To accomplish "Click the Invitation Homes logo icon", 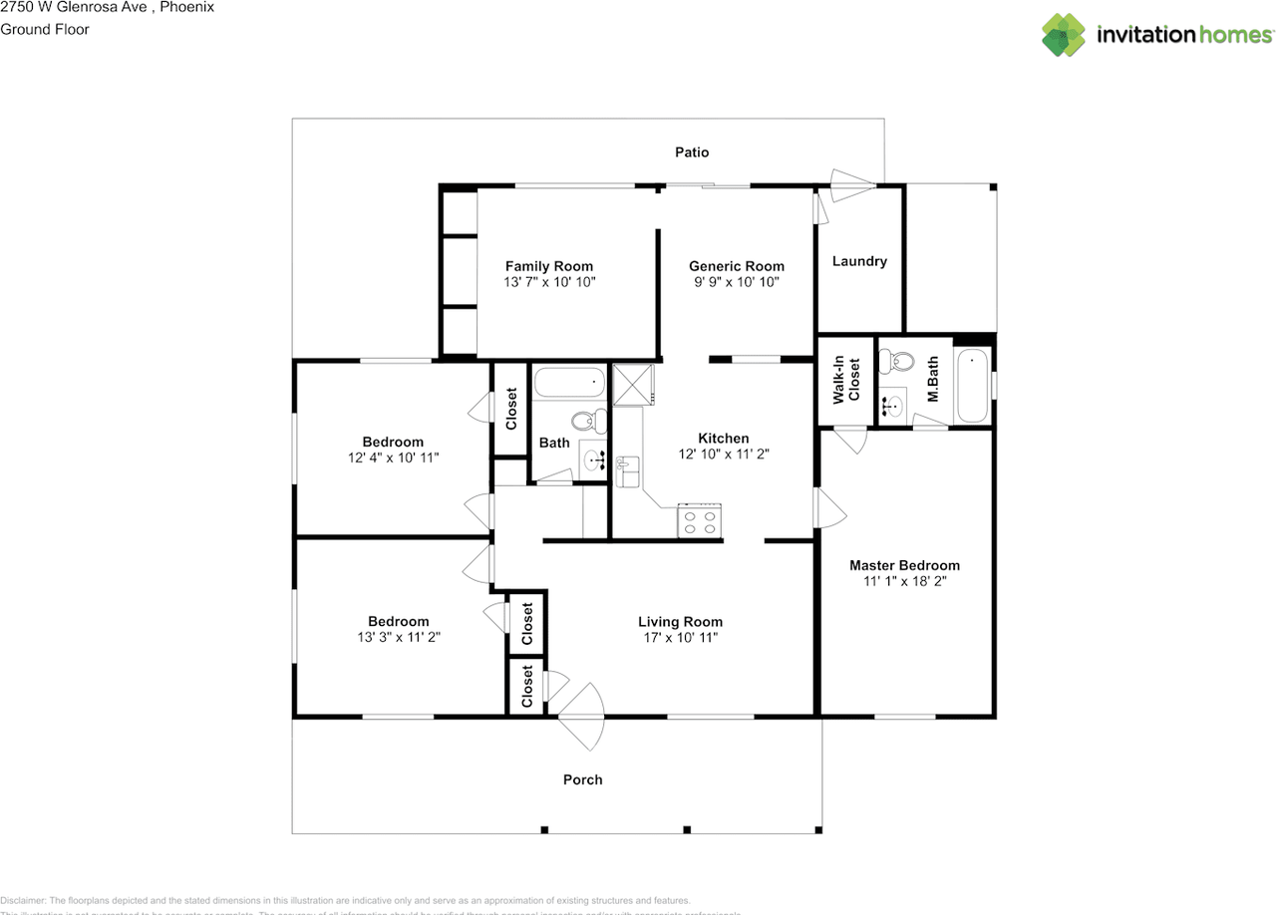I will [x=1064, y=35].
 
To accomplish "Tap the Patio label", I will [x=692, y=152].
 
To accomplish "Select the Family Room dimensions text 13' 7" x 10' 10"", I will [x=549, y=283].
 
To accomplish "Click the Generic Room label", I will [x=737, y=266].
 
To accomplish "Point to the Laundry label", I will [x=859, y=261].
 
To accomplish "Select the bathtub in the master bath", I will [x=972, y=386].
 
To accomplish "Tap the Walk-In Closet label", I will [x=846, y=380].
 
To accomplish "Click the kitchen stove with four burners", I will [x=700, y=521].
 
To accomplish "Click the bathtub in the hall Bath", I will [x=570, y=383].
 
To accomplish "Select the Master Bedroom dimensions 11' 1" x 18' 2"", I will [x=904, y=582].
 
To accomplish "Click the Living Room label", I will [x=680, y=622].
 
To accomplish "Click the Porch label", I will [x=583, y=779].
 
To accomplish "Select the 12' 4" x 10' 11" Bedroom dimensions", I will [x=393, y=457].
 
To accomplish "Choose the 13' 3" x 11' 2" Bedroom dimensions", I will [x=398, y=638].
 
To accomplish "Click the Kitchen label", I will [x=723, y=439].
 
